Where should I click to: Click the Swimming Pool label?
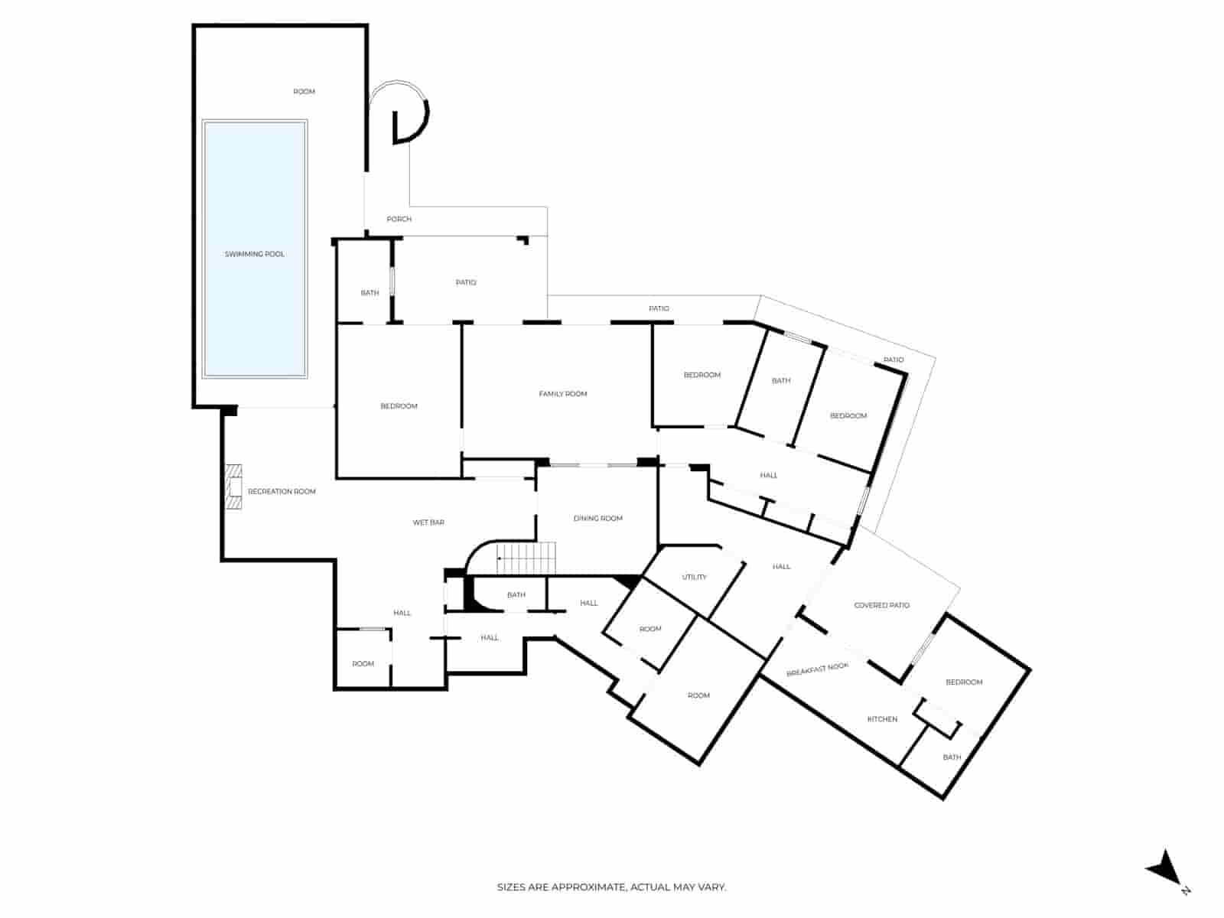click(x=254, y=254)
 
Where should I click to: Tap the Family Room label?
click(x=562, y=394)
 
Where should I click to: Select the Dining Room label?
click(x=597, y=519)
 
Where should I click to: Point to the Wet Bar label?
click(x=428, y=522)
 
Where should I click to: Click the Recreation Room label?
click(x=282, y=492)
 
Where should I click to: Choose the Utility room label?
click(x=694, y=578)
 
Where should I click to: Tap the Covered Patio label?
click(x=881, y=605)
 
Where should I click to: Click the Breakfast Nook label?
click(x=817, y=670)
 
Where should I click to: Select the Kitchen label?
click(x=881, y=719)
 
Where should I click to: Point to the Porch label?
click(x=399, y=220)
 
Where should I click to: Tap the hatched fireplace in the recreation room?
click(x=233, y=487)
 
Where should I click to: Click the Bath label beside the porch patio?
click(x=369, y=293)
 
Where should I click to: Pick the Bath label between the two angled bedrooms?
click(x=780, y=381)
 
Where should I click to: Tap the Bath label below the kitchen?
click(x=951, y=758)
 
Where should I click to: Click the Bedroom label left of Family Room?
click(x=399, y=406)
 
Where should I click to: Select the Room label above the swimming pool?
click(x=304, y=92)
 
